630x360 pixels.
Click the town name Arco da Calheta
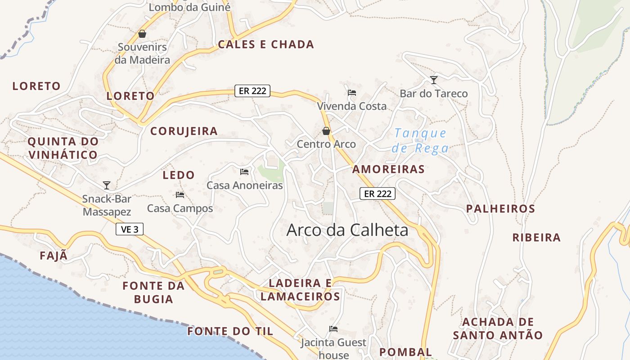click(347, 230)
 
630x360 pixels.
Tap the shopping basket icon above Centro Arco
click(326, 131)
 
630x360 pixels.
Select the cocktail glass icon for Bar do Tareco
click(434, 80)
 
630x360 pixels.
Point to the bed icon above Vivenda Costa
click(352, 93)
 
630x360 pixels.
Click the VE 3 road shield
click(130, 229)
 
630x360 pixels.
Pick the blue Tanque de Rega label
click(420, 140)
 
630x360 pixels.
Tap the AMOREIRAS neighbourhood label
click(388, 169)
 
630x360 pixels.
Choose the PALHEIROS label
click(500, 209)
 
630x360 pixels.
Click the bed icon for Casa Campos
click(180, 195)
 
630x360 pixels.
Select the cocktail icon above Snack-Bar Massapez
click(107, 185)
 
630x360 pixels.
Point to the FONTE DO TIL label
click(230, 332)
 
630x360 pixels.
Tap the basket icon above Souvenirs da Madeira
click(142, 34)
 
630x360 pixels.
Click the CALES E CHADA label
click(266, 45)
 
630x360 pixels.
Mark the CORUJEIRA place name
click(184, 131)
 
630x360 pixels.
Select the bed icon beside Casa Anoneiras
click(244, 171)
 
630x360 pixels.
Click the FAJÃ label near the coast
click(54, 256)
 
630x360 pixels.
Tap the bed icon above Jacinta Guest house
click(333, 329)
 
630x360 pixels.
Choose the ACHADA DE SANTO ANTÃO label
click(498, 328)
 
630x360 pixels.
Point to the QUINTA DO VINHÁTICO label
click(63, 148)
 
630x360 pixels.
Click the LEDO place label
click(179, 175)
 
